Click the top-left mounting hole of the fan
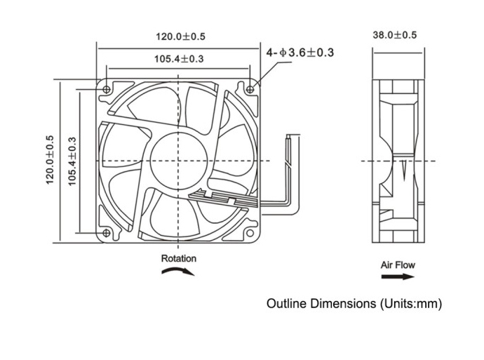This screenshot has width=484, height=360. (107, 90)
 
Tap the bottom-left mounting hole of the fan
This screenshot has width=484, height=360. (107, 233)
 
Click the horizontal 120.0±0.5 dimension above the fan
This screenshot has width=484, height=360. (180, 36)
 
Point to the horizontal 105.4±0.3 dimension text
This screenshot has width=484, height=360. (179, 59)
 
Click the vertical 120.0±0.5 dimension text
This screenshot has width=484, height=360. (50, 161)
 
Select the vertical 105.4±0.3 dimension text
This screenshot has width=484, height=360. (72, 161)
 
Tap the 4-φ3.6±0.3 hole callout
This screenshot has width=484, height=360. (300, 53)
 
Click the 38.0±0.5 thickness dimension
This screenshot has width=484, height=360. (394, 34)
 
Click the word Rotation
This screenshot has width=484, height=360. (179, 258)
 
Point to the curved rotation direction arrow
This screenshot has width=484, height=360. (179, 272)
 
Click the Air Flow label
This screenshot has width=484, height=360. (398, 265)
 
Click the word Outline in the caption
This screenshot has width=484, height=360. (285, 304)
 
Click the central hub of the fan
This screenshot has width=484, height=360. (179, 161)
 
